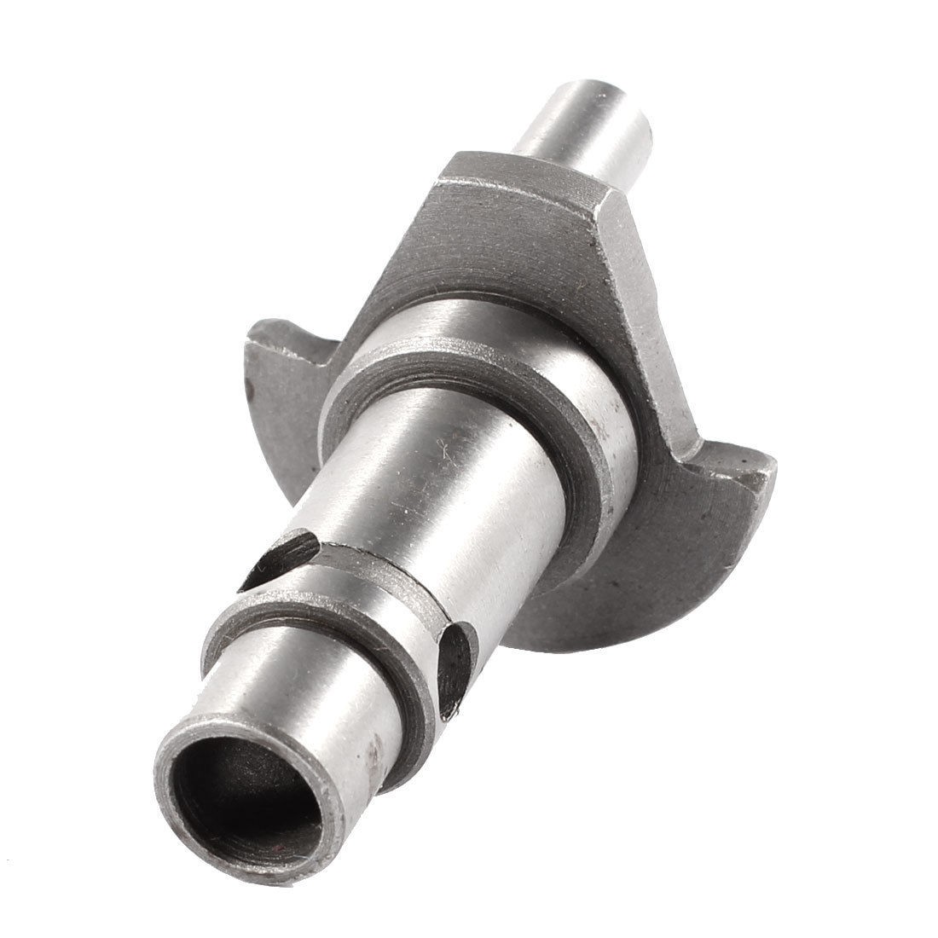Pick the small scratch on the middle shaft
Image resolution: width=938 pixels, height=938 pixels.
443,448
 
